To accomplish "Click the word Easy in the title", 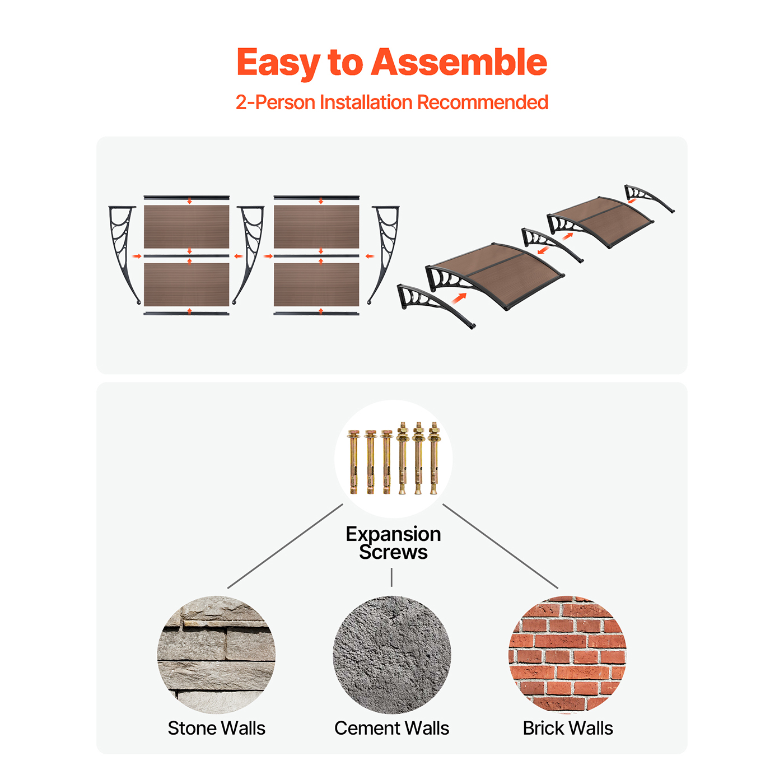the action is click(x=278, y=63).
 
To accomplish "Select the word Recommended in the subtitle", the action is click(x=483, y=102).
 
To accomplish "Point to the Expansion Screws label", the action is click(x=393, y=543).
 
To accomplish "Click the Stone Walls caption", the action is click(x=217, y=728).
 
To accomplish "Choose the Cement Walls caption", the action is click(x=392, y=728).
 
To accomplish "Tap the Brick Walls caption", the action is click(x=567, y=728).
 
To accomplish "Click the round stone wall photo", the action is click(x=217, y=655).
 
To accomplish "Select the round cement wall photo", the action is click(x=392, y=655).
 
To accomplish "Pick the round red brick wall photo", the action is click(x=567, y=655).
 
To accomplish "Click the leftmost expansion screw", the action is click(x=353, y=462).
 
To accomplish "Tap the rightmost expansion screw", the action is click(x=433, y=458).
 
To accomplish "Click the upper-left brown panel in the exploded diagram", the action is click(x=186, y=227).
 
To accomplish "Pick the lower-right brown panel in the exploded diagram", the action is click(x=316, y=284).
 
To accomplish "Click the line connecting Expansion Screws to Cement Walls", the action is click(x=391, y=577).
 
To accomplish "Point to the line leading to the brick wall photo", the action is click(x=500, y=546).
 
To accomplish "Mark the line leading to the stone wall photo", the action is click(x=285, y=546).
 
